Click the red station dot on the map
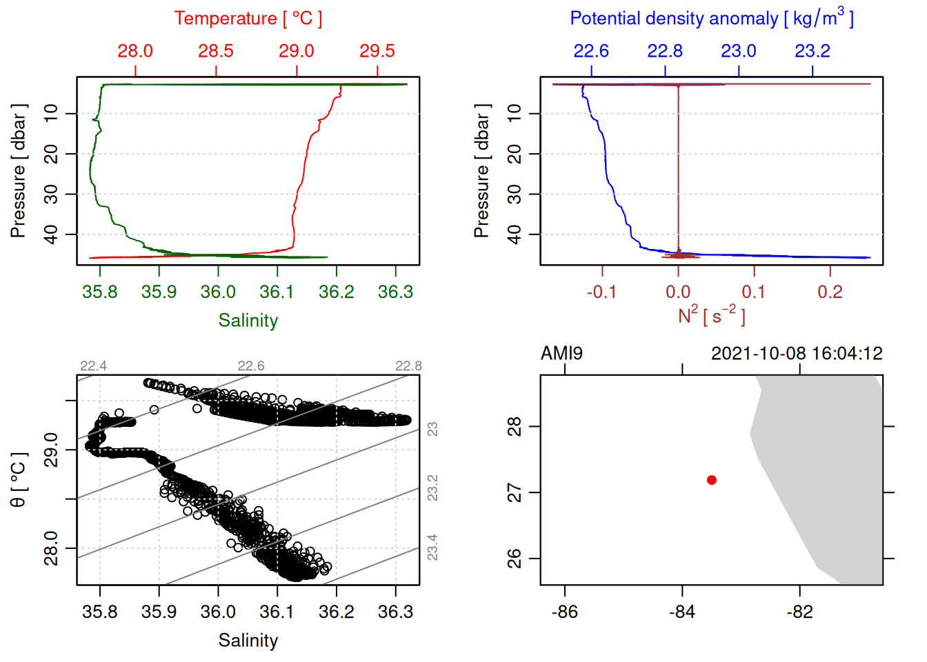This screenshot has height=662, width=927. (711, 480)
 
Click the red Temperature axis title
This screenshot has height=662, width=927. (248, 19)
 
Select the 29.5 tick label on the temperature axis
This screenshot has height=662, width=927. (377, 51)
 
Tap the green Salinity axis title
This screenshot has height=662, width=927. (248, 321)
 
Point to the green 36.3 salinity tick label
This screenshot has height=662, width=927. (395, 292)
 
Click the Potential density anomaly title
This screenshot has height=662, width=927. (711, 19)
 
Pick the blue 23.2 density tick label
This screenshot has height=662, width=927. (812, 51)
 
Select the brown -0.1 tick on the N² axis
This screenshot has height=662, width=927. (601, 292)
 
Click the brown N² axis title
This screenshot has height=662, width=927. (711, 316)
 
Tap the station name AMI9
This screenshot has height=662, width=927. (561, 354)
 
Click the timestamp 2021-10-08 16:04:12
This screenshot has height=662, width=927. (797, 354)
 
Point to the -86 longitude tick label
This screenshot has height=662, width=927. (565, 612)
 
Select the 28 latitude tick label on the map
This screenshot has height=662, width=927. (515, 427)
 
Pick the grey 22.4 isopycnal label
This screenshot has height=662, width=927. (93, 366)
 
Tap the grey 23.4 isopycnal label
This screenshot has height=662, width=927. (432, 548)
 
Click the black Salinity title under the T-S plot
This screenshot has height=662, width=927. (248, 641)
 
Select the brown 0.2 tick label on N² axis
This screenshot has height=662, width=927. (830, 292)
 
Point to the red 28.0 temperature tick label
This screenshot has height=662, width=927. (135, 51)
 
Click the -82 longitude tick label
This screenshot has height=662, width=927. (799, 612)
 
